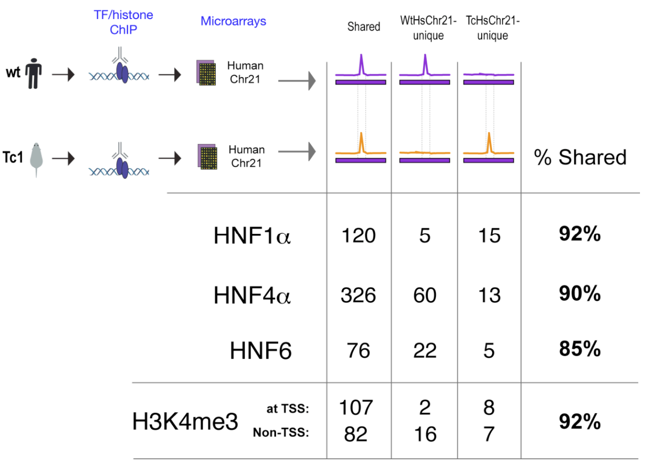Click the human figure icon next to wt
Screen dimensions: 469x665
point(33,73)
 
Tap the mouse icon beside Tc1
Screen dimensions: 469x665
point(36,158)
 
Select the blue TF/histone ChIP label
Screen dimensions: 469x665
point(123,22)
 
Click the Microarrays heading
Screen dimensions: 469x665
point(233,21)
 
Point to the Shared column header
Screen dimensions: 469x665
point(364,27)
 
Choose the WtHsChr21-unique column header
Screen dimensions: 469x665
point(428,28)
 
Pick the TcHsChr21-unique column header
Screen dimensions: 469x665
point(492,28)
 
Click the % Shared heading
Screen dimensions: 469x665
point(580,157)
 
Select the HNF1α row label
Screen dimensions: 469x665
point(252,236)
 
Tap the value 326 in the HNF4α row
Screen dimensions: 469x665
point(358,296)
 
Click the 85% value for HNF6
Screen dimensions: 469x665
point(580,349)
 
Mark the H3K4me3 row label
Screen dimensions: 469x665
point(185,421)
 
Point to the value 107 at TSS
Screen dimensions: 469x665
point(356,408)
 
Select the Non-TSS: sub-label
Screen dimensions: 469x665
point(281,432)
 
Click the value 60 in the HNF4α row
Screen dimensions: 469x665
point(425,296)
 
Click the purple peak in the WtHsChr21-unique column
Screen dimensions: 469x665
point(425,64)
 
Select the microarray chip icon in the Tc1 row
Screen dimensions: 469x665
point(207,157)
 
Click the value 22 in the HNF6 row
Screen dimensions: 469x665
point(425,351)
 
